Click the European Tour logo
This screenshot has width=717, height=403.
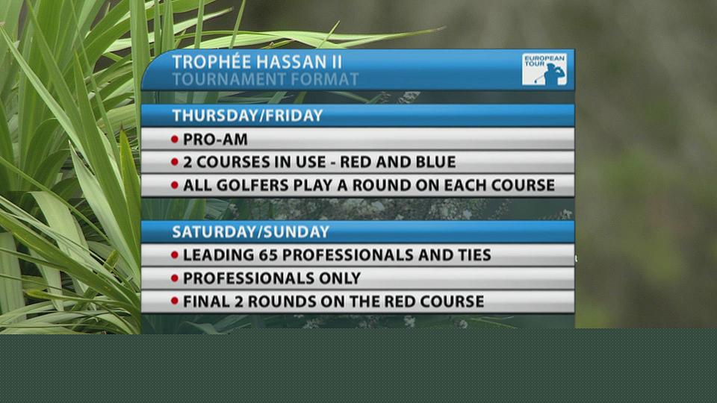544,69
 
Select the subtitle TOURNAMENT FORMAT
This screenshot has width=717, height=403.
265,80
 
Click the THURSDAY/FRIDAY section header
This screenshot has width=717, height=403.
247,116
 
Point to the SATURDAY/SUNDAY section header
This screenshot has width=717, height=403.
251,232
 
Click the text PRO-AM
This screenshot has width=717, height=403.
215,140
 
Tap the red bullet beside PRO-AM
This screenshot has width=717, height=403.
175,139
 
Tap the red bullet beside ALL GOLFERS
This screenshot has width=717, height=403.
175,185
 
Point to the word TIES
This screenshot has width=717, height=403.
474,255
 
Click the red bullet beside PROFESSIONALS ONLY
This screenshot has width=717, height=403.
175,278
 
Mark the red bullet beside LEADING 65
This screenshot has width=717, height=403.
175,254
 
